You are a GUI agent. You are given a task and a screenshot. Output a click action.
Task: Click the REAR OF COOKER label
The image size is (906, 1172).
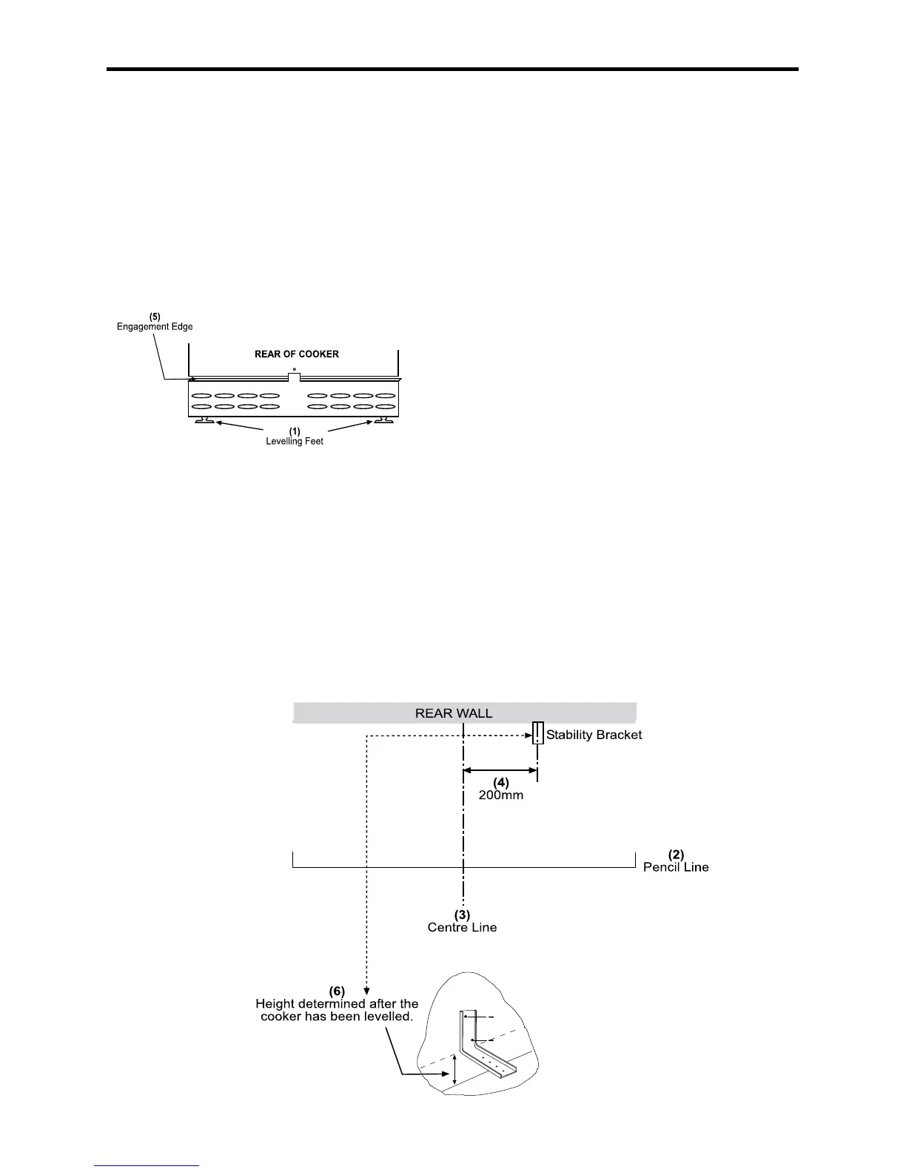click(296, 354)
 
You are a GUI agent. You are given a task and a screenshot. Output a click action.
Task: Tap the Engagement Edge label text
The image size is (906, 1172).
click(155, 327)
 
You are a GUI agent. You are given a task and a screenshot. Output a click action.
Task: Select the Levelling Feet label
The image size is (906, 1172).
click(295, 442)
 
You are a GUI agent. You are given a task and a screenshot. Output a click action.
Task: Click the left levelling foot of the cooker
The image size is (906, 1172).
click(204, 422)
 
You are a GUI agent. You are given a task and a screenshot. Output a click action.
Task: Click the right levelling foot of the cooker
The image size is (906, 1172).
click(383, 422)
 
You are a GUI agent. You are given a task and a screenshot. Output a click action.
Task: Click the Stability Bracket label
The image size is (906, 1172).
click(594, 735)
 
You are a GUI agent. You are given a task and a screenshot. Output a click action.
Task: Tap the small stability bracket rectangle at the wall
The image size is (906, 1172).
click(538, 733)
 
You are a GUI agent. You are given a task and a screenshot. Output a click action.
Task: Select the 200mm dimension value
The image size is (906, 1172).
click(501, 795)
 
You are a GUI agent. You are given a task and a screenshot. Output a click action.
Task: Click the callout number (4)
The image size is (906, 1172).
click(501, 782)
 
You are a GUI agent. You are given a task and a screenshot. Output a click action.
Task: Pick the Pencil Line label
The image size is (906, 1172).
click(676, 867)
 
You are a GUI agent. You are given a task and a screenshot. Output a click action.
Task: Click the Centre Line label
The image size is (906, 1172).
click(462, 927)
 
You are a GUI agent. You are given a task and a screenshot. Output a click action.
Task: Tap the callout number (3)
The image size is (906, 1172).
click(462, 915)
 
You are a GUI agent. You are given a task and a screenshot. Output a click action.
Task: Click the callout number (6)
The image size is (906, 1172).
click(337, 990)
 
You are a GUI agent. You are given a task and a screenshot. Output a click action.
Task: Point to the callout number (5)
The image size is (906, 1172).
click(155, 317)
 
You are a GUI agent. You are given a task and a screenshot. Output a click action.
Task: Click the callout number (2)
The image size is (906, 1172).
click(676, 855)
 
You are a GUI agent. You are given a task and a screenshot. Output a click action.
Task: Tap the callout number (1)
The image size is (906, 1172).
click(295, 431)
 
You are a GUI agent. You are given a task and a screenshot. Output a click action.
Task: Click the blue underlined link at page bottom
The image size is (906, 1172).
click(147, 1167)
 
